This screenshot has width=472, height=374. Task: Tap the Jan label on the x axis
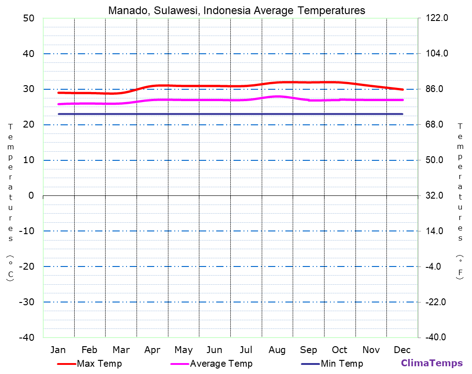(x=58, y=350)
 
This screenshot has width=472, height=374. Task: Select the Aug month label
(x=277, y=350)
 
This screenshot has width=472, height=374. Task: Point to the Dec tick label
(x=402, y=350)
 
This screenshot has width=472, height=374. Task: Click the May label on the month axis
(x=183, y=350)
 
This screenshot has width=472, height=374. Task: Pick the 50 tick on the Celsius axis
(x=29, y=18)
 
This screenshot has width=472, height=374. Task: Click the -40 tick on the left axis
(x=27, y=338)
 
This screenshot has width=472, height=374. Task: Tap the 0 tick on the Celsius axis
(x=31, y=195)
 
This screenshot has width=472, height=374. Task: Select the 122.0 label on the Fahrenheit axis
(x=437, y=18)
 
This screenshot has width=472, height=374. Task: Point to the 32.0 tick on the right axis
(x=435, y=195)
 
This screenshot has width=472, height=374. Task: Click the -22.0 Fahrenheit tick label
(x=436, y=302)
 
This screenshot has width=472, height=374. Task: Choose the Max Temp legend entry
(x=99, y=364)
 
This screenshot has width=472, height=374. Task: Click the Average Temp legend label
(x=221, y=364)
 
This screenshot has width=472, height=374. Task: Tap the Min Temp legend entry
(x=342, y=364)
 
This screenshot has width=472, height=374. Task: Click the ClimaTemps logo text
(x=431, y=363)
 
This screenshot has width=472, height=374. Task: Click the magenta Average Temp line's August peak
(x=278, y=96)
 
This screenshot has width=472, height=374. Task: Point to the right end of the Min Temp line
(x=402, y=114)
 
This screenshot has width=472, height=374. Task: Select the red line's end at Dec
(x=402, y=89)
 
